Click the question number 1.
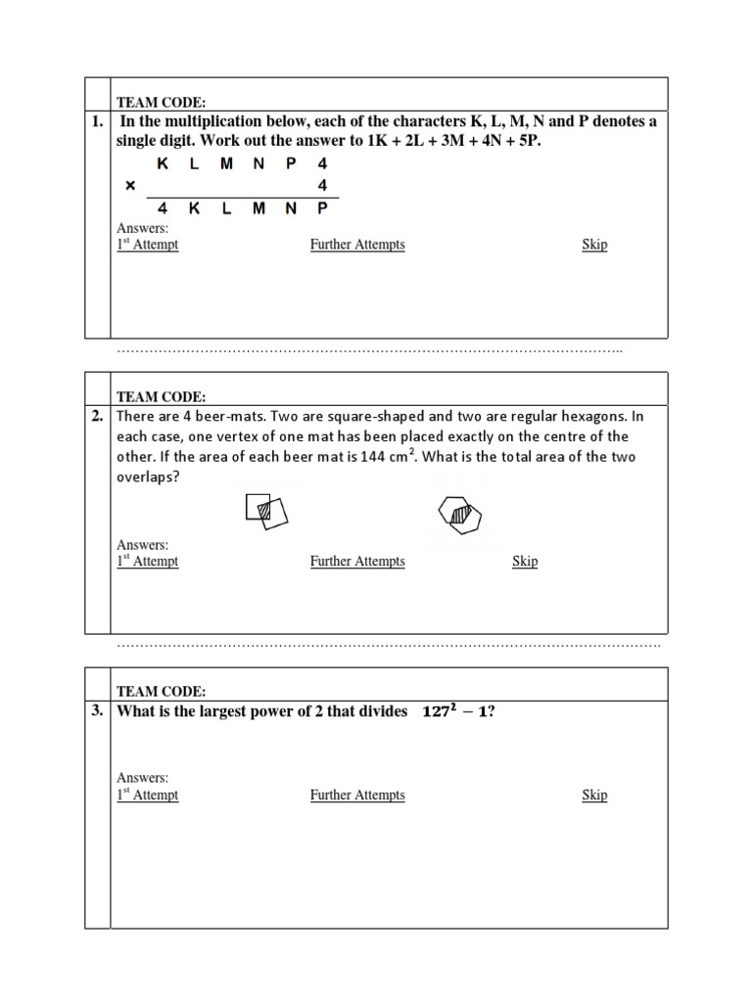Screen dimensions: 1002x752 [x=97, y=122]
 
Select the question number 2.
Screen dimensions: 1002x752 [x=97, y=416]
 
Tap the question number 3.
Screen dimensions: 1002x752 [x=97, y=711]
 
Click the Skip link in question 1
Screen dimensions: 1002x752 [x=594, y=245]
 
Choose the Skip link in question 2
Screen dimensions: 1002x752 [x=525, y=562]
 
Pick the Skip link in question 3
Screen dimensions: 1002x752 [x=594, y=796]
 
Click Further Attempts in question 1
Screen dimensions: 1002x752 [x=357, y=245]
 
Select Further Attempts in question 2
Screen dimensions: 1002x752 [x=357, y=562]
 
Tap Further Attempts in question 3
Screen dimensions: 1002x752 [x=357, y=796]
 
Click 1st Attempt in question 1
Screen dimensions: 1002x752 [x=148, y=245]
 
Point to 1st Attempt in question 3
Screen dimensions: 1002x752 [x=148, y=796]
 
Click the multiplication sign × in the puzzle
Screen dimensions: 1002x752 [x=130, y=185]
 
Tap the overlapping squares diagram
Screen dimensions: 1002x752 [x=267, y=511]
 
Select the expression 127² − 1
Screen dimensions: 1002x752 [x=453, y=712]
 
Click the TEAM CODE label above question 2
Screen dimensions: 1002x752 [x=162, y=396]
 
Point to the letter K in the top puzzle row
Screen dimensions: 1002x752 [x=163, y=164]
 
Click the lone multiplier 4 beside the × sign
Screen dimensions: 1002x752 [x=322, y=185]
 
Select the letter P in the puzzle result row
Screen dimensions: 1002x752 [x=322, y=208]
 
